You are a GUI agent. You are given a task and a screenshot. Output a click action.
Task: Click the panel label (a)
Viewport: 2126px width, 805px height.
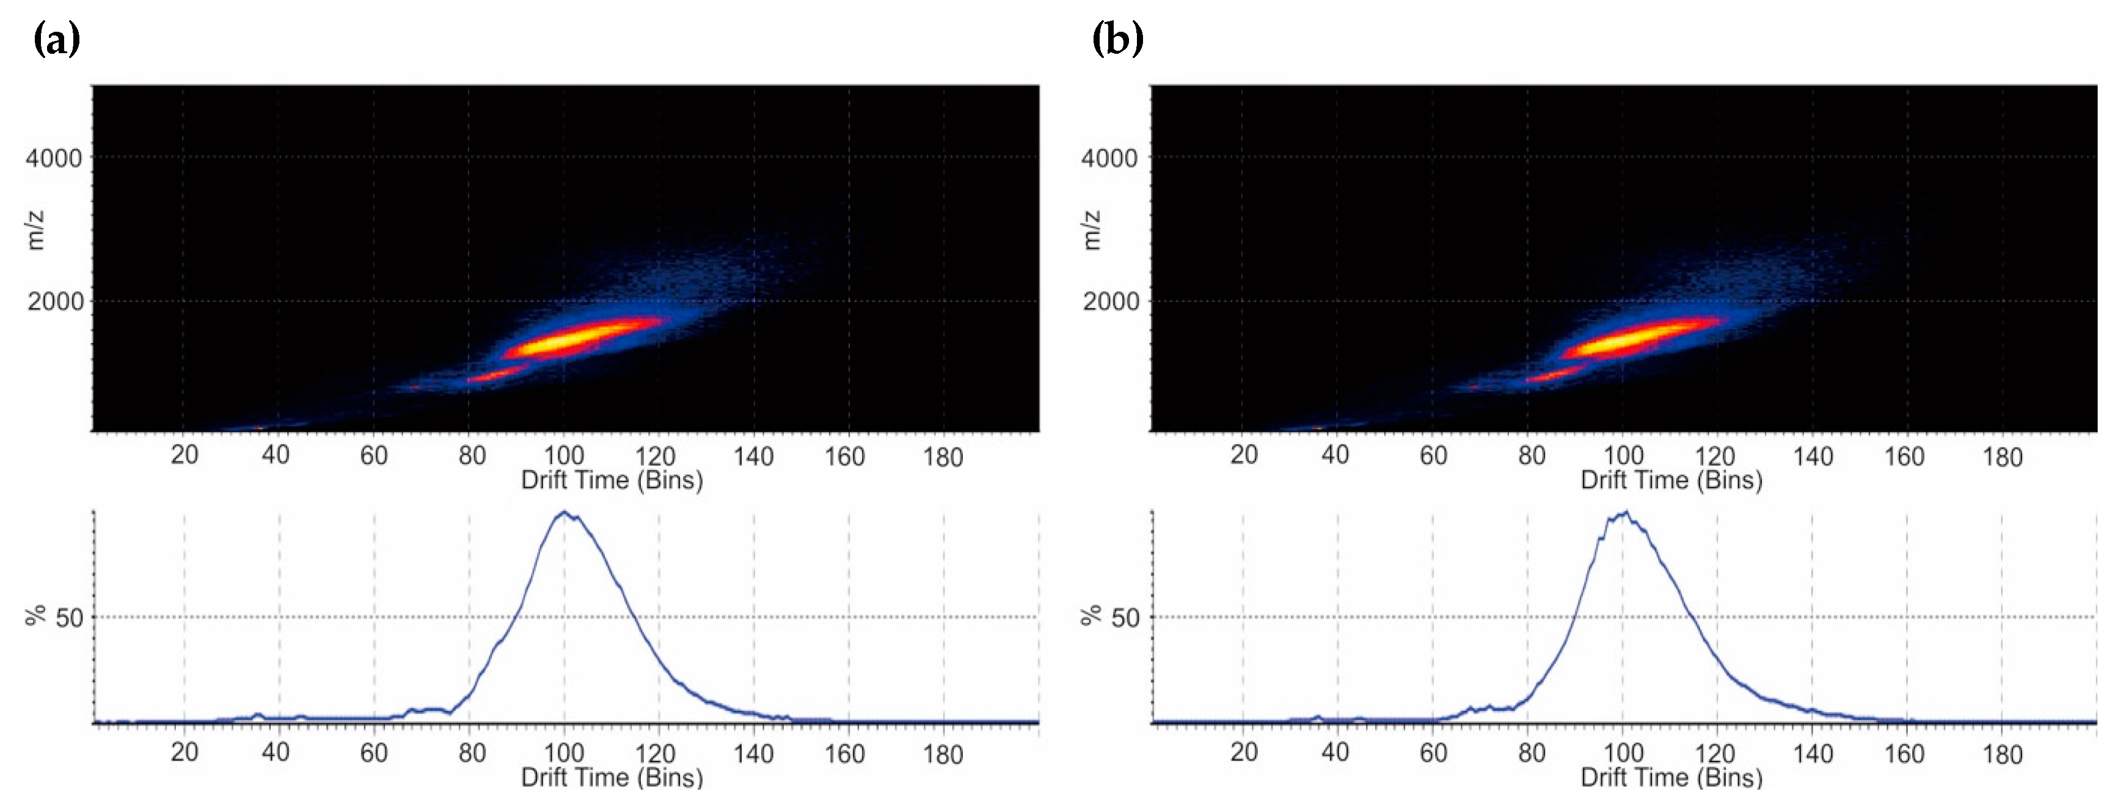pos(56,39)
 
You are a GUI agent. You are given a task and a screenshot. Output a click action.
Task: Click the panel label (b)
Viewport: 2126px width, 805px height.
pos(1117,39)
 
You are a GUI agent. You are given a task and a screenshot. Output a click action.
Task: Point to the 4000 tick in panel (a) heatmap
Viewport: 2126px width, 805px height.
pos(54,158)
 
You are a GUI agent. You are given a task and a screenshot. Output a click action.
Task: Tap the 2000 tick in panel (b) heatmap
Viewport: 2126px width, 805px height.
pos(1110,301)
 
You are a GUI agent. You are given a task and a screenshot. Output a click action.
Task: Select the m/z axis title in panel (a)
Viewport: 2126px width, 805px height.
pos(35,230)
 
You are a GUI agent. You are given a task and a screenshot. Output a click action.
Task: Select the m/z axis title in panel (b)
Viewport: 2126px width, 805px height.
pos(1091,230)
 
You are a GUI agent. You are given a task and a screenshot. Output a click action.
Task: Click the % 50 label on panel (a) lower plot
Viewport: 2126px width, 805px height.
pos(56,617)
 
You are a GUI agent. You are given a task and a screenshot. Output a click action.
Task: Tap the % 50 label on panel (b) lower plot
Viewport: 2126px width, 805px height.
pos(1112,617)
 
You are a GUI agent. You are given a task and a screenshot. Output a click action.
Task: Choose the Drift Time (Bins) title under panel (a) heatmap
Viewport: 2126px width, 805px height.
pos(612,480)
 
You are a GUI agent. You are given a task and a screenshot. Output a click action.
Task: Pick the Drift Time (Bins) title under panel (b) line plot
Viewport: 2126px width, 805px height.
pos(1671,777)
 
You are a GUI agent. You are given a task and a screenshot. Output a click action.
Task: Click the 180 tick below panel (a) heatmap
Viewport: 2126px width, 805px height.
pos(943,457)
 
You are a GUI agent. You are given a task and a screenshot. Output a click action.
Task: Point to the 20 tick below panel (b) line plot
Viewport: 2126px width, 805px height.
pos(1244,753)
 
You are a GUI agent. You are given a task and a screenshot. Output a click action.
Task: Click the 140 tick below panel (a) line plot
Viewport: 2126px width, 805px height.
pos(753,753)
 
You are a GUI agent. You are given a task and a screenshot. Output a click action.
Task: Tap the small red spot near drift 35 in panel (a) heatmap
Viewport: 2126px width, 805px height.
pos(257,427)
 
